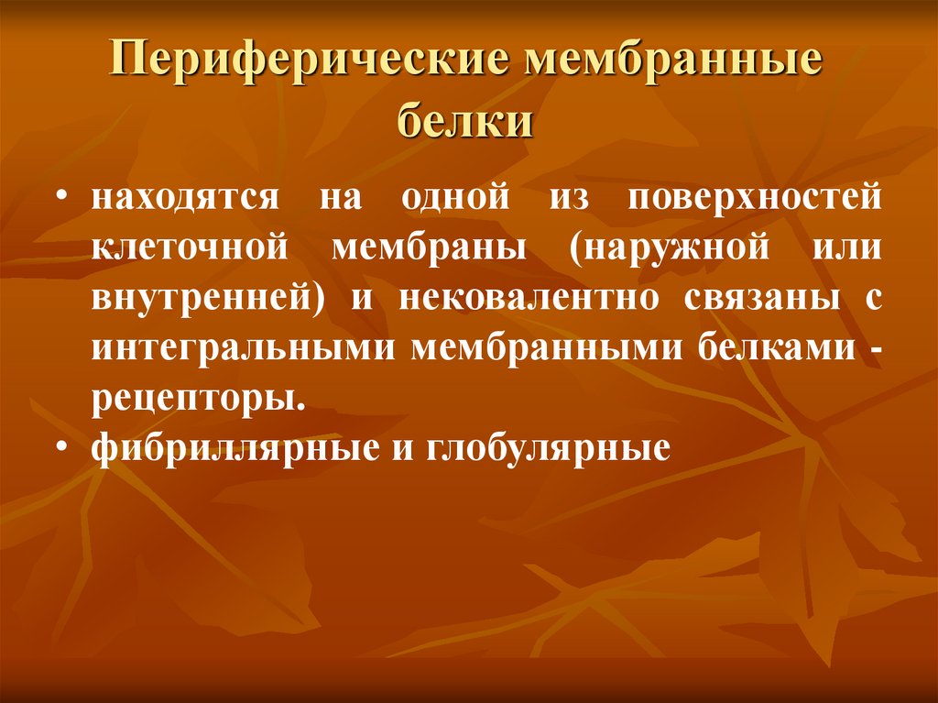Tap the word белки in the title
[x=467, y=121]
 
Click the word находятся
[x=182, y=200]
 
